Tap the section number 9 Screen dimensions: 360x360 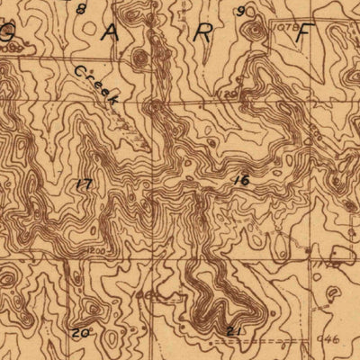(x=241, y=11)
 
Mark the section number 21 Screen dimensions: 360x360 (x=236, y=330)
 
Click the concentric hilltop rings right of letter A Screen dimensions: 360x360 (x=140, y=58)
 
